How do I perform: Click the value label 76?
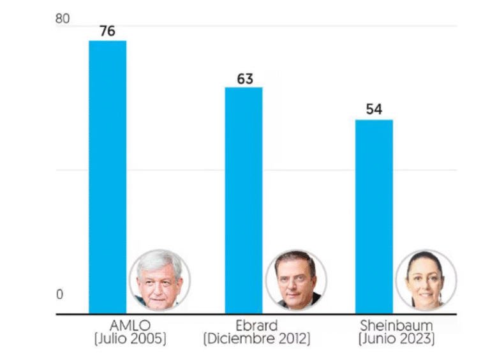point(107,31)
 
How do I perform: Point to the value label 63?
point(245,79)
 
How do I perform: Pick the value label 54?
point(374,110)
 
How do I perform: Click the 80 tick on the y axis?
point(63,19)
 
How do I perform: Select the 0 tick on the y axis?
point(60,294)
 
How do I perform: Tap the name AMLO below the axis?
point(130,326)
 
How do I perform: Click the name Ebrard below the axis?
point(256,326)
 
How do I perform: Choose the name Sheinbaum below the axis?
point(396,326)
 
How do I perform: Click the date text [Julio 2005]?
point(130,339)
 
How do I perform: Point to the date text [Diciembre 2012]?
point(256,339)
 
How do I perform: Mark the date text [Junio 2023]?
point(396,339)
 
